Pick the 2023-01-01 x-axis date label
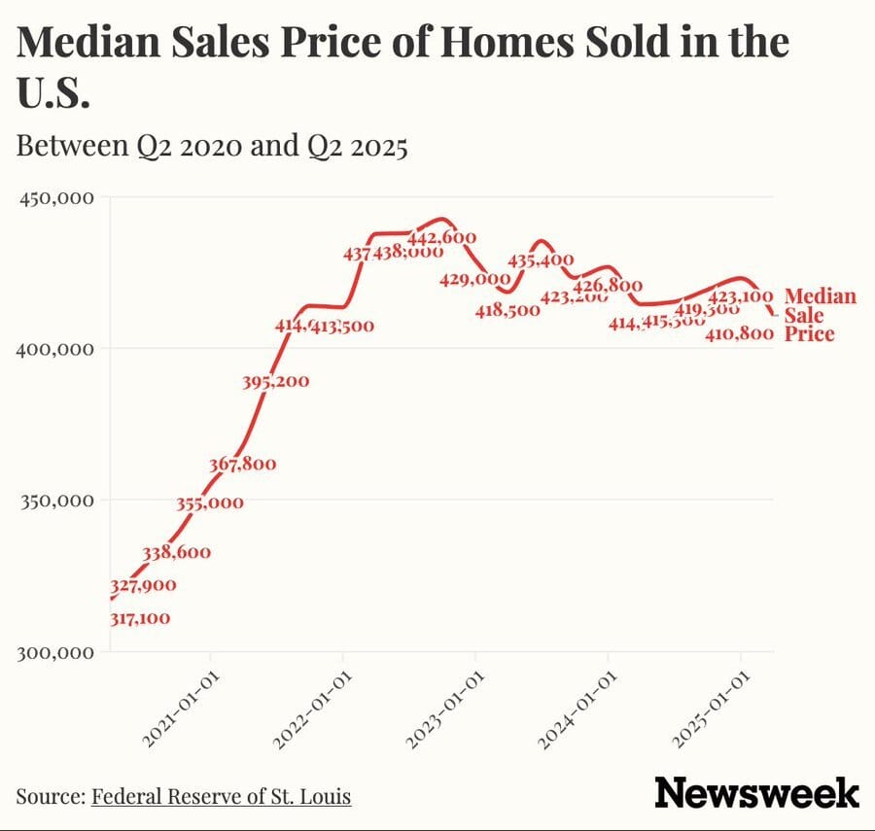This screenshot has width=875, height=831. point(446,713)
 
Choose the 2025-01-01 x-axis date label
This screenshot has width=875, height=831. point(713,713)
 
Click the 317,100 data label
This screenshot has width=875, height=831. point(140,618)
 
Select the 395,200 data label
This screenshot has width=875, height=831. point(276,381)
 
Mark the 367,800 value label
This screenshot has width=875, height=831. point(242,465)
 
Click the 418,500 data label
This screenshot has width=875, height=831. point(507,310)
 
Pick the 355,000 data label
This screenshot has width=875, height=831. point(210,503)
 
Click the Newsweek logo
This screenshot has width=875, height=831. point(756,792)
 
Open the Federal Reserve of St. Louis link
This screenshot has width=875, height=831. point(221,797)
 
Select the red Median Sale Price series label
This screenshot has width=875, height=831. point(819,315)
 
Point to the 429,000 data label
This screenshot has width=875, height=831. point(474,279)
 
